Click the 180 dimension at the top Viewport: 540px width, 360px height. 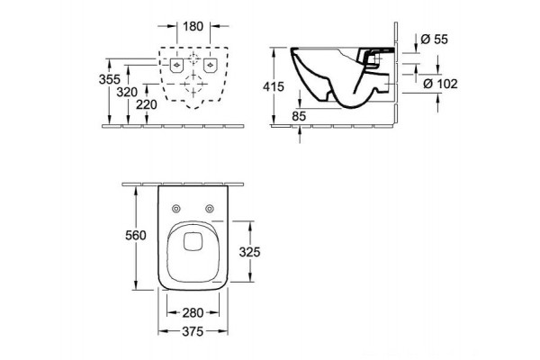[193, 26]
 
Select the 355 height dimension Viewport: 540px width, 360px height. [110, 79]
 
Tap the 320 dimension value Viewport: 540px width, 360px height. [127, 93]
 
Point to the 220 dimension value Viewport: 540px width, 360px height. [147, 104]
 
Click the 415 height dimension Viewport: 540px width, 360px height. [274, 86]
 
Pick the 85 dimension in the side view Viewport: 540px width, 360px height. [299, 116]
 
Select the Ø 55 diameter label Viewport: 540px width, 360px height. [435, 40]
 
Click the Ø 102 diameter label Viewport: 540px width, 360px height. [440, 84]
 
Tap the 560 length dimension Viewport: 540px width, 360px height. [136, 235]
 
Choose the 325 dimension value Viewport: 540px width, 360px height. [249, 252]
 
